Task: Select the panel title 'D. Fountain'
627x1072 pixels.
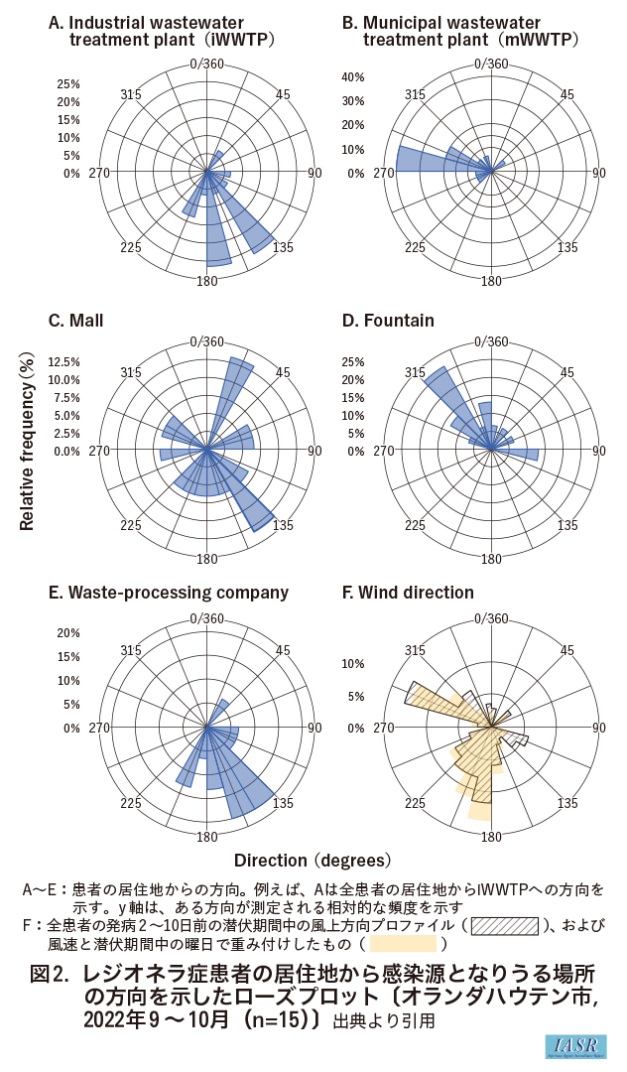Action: point(388,321)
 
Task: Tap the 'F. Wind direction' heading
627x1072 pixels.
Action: point(408,593)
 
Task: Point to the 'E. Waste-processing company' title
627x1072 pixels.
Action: point(169,593)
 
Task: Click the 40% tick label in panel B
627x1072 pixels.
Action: point(354,77)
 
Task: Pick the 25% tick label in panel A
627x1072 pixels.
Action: point(67,83)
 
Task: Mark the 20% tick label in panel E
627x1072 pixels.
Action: point(67,633)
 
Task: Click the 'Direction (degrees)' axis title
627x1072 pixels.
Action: point(313,859)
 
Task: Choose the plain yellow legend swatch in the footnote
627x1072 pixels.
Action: point(403,944)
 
